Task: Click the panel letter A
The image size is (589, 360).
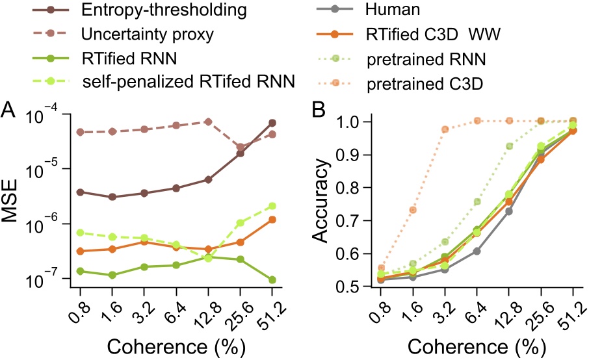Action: pos(10,109)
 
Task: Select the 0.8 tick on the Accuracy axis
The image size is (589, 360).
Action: pos(354,188)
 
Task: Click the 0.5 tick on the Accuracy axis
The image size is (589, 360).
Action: pos(354,287)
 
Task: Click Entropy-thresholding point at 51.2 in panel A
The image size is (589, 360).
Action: pos(272,123)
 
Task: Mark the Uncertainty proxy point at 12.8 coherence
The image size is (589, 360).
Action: pos(208,122)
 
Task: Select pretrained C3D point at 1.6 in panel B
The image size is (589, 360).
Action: pos(413,210)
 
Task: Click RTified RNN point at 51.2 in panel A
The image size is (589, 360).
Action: pos(272,280)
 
